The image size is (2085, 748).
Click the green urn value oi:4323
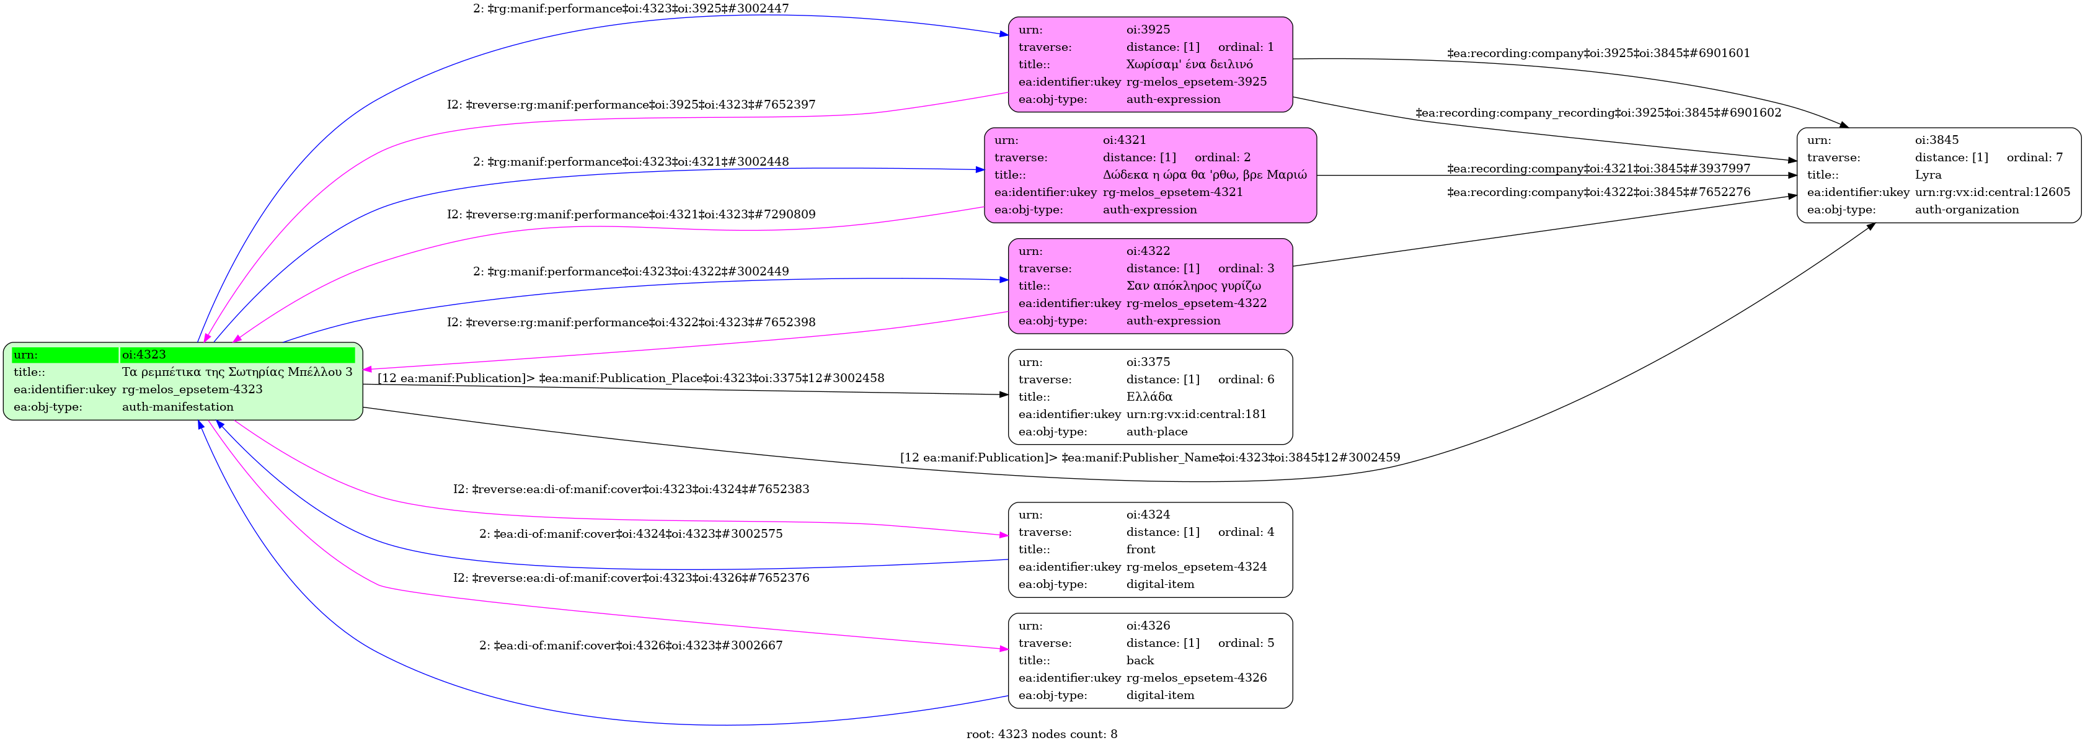144,355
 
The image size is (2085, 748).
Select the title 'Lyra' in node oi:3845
1928,175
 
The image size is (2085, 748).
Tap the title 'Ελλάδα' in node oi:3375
1149,397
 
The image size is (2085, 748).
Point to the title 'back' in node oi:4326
1140,661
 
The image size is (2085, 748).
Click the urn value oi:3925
1148,30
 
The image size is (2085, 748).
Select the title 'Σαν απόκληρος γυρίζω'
1193,286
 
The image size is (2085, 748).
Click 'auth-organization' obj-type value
1967,210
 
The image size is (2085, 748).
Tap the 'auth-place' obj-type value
1157,432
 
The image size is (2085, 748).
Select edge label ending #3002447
631,9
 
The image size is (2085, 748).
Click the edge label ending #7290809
631,215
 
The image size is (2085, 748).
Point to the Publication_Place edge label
631,378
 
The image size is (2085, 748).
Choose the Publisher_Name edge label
1149,457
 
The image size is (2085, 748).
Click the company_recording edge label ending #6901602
1598,112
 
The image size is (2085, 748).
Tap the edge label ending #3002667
631,645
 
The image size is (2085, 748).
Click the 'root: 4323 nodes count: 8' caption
1042,734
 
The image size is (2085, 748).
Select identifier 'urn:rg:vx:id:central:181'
1197,414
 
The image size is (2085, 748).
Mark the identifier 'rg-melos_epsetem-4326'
1197,677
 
